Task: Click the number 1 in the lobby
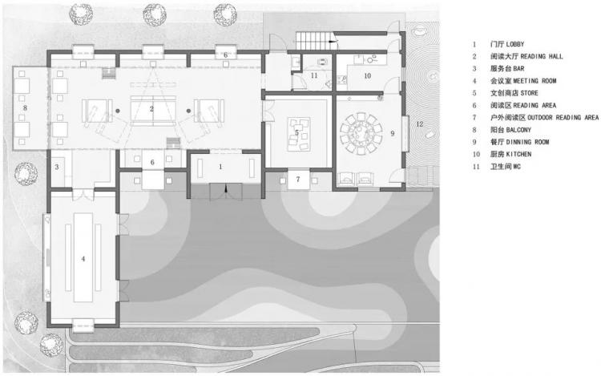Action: pos(220,167)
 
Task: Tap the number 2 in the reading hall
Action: pos(151,109)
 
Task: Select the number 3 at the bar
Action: pos(57,167)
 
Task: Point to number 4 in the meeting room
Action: pos(83,259)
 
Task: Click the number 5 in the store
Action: pos(296,132)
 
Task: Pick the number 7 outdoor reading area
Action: pos(298,179)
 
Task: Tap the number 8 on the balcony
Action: pos(26,108)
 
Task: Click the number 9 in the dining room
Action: pos(393,133)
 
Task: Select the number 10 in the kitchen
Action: pos(368,76)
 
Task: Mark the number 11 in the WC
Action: pos(314,75)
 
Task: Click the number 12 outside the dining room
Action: pos(420,123)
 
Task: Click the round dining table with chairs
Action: pos(361,134)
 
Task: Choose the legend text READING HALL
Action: pos(542,56)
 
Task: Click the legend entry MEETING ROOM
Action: pos(534,81)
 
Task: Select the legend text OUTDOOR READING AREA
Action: pos(563,117)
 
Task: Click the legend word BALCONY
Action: pos(518,130)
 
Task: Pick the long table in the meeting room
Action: pos(83,257)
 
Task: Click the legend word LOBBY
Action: pos(515,44)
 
